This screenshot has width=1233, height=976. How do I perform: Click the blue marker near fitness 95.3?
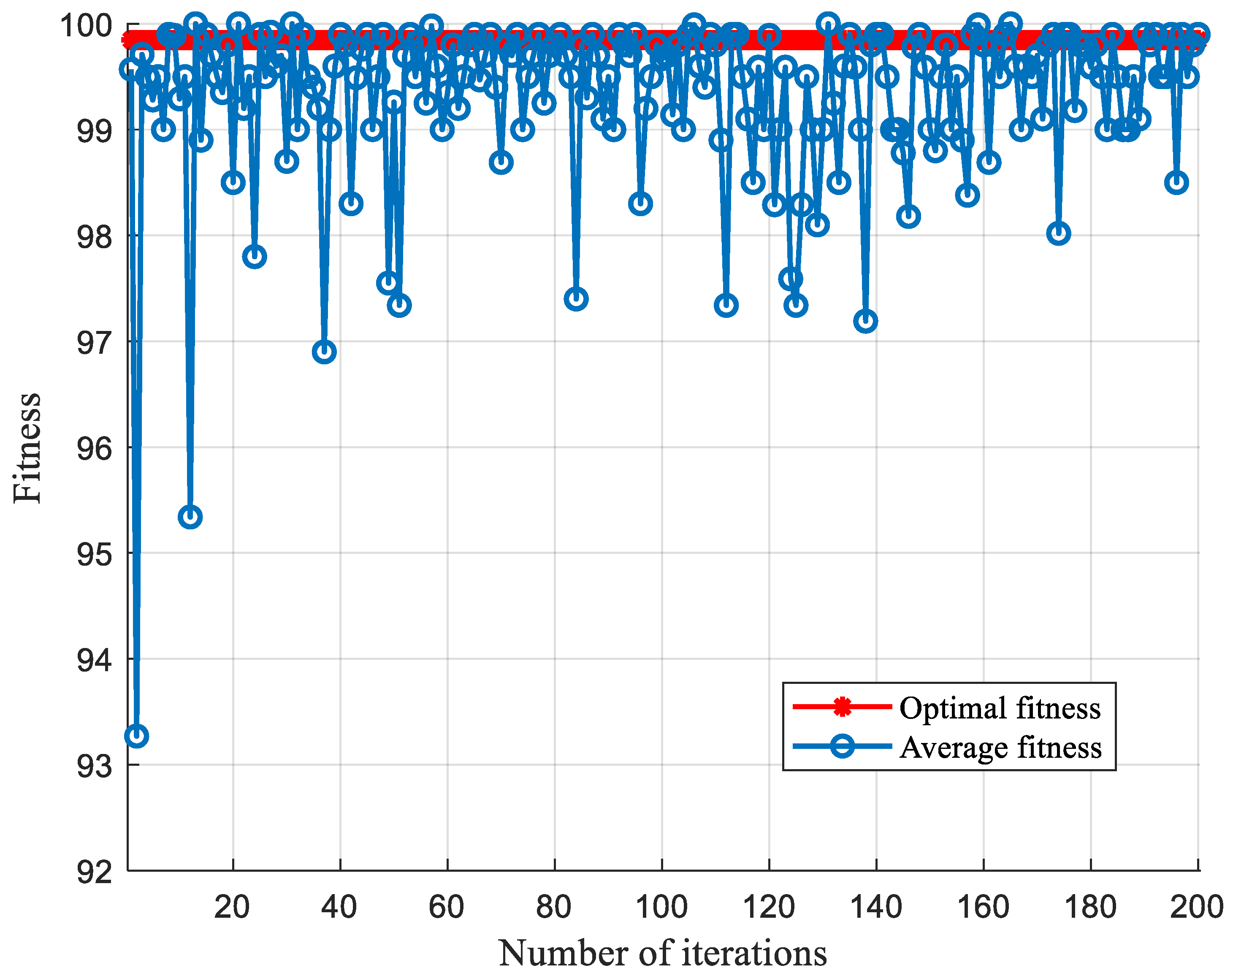190,517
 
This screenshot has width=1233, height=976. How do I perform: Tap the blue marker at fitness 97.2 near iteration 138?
866,322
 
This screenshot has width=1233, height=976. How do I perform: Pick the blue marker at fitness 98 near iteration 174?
1059,233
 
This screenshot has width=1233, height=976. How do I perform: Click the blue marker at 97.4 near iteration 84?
576,299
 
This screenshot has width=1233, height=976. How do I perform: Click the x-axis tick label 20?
232,908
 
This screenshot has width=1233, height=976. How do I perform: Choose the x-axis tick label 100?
661,908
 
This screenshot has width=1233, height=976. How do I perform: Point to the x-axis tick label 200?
1196,908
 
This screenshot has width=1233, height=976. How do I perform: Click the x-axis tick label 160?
983,908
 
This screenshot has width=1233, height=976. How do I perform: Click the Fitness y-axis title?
27,449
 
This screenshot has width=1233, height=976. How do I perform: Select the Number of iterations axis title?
662,953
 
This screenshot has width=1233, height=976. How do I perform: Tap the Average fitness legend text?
1000,748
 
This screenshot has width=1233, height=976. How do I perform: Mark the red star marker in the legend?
842,707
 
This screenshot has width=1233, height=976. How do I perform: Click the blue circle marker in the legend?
842,746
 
